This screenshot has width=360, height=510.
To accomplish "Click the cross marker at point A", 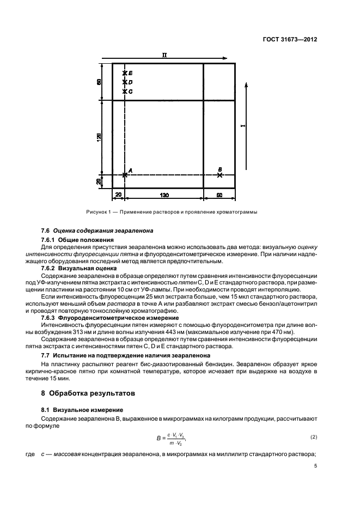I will [125, 174].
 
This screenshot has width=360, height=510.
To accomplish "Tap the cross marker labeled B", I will [219, 175].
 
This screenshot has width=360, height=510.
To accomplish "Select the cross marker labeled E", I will [125, 73].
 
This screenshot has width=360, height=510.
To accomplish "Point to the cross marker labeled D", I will [125, 82].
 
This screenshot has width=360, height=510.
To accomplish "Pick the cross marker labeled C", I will [125, 92].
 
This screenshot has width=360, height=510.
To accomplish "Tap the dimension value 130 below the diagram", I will [164, 195].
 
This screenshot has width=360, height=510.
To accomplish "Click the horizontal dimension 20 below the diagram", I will [118, 195].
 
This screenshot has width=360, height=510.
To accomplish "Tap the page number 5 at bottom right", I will [316, 466].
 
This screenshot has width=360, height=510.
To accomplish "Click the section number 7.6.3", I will [51, 317].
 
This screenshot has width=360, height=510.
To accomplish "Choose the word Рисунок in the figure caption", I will [97, 212].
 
